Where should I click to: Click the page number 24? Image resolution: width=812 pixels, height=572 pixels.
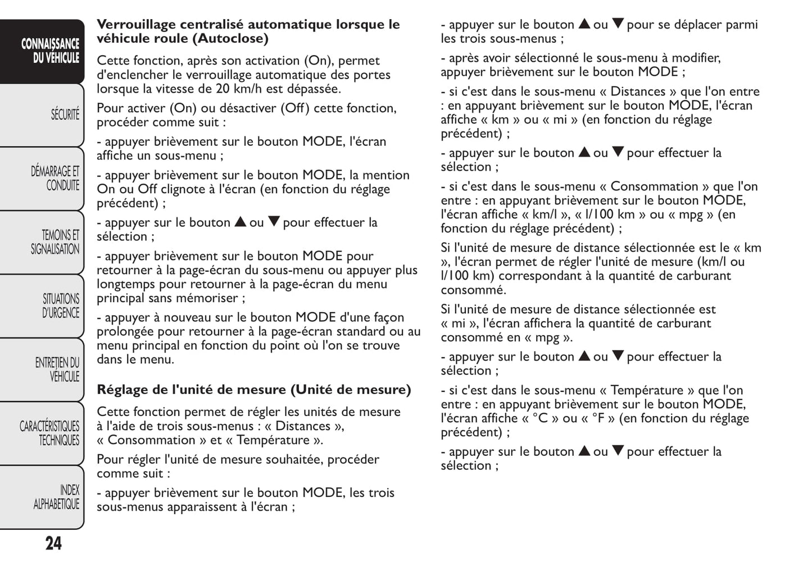click(53, 543)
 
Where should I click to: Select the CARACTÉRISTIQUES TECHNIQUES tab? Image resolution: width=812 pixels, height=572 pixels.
click(50, 433)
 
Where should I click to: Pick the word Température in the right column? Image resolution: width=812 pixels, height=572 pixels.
click(646, 390)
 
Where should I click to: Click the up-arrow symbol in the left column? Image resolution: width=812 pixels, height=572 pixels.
click(240, 222)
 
